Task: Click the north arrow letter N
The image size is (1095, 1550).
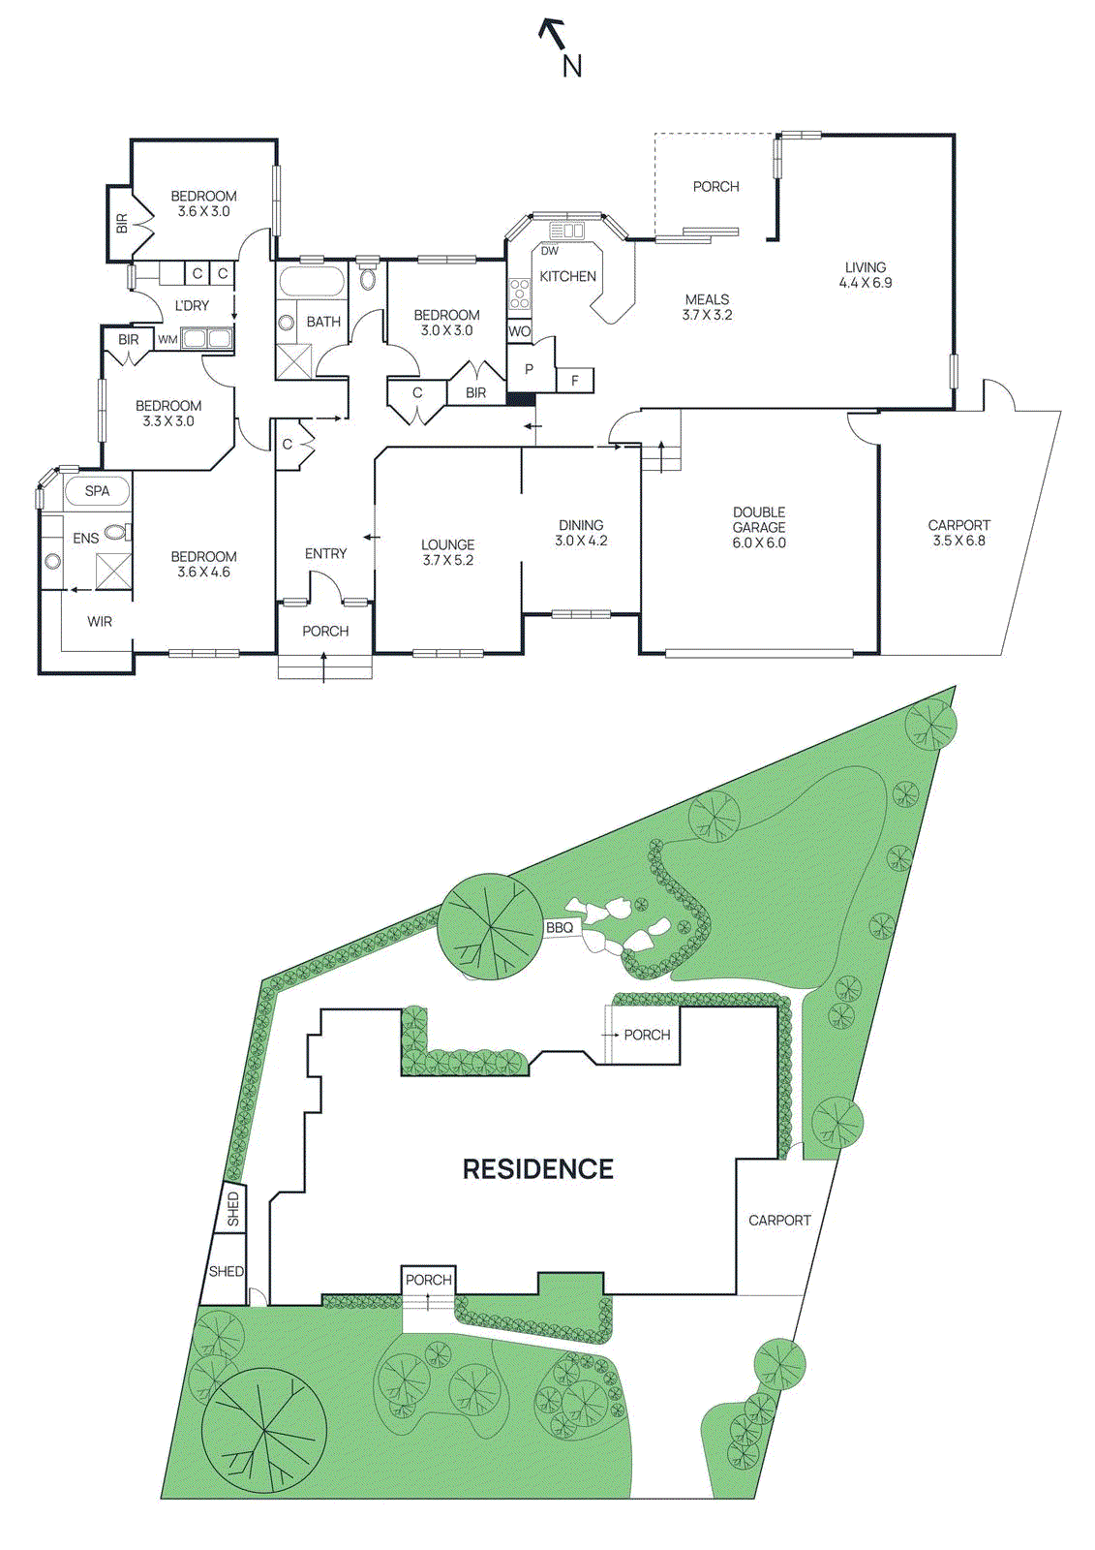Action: coord(572,66)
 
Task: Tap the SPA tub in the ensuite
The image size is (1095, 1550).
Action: coord(97,491)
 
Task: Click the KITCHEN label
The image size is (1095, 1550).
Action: coord(568,276)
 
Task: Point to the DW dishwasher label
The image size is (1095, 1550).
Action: coord(550,251)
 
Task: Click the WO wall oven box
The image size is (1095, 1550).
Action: coord(520,331)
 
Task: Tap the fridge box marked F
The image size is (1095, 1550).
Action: coord(575,381)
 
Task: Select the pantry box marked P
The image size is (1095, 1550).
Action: coord(530,369)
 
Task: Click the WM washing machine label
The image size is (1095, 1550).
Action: coord(167,339)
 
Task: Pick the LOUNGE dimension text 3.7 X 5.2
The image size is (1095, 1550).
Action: coord(448,560)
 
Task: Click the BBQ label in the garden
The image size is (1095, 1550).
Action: coord(560,927)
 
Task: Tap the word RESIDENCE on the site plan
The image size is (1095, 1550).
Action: coord(538,1169)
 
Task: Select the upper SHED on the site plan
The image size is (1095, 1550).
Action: coord(233,1208)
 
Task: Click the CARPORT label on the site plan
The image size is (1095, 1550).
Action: coord(779,1221)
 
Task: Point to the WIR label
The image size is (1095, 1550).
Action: coord(100,621)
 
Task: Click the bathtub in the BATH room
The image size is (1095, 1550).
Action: coord(312,283)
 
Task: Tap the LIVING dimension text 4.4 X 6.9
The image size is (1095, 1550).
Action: coord(866,283)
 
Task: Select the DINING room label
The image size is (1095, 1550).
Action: coord(581,525)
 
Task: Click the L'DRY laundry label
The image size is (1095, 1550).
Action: coord(192,305)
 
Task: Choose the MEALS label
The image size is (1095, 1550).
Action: coord(708,299)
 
